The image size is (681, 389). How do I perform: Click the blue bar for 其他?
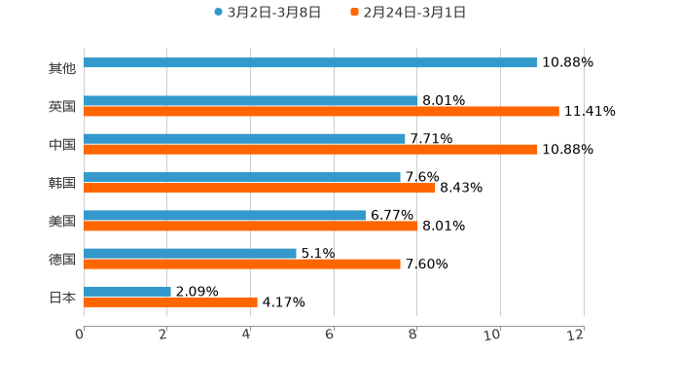tap(310, 62)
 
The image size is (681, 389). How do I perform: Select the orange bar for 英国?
tap(321, 112)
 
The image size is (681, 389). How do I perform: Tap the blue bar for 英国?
tap(251, 100)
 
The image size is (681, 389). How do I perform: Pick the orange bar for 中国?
tap(310, 150)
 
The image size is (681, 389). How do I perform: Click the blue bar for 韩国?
tap(242, 177)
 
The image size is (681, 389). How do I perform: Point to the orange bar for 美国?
tap(251, 227)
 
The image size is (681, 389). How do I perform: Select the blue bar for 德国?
tap(190, 253)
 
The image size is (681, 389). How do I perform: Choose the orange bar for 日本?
tap(170, 302)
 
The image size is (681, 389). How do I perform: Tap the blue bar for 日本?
tap(127, 291)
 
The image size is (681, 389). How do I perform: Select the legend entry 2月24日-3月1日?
tap(413, 13)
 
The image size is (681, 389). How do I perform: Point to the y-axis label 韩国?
tap(62, 183)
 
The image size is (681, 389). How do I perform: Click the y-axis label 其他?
tap(62, 69)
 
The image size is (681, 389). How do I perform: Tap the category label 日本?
tap(62, 298)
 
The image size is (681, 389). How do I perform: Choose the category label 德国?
tap(62, 260)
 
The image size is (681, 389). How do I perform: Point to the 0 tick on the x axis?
tap(80, 335)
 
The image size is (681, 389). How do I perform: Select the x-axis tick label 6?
tap(330, 335)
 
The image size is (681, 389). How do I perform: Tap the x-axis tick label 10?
tap(493, 335)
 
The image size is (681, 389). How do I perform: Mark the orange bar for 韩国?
tap(260, 189)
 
